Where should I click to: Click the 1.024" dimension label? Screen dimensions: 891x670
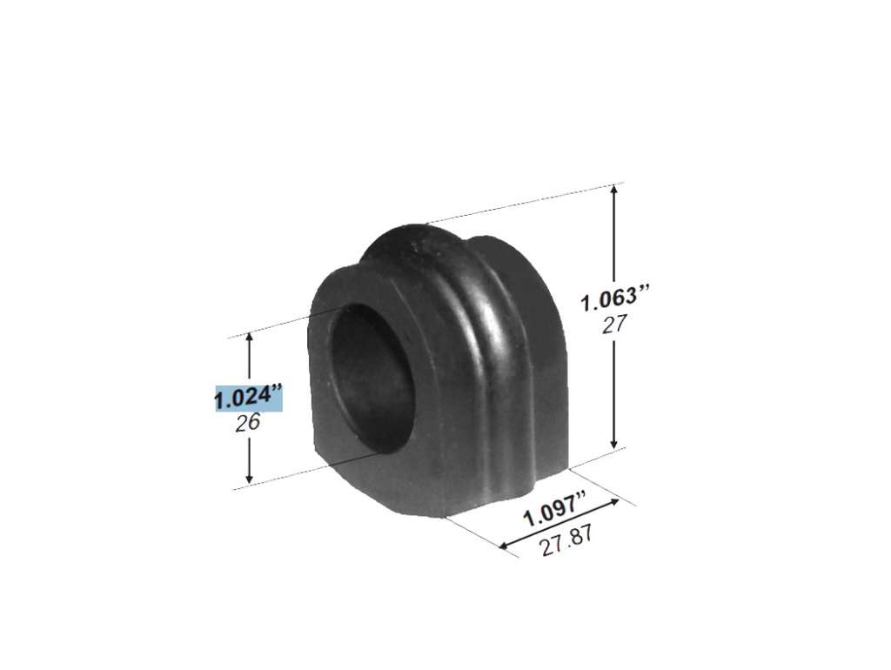tap(248, 397)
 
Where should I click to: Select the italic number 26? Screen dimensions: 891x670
tap(248, 423)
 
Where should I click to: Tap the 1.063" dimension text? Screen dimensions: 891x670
tap(614, 299)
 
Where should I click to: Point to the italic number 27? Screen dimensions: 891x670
tap(614, 324)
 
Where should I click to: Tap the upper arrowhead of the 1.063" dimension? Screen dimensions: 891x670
tap(613, 189)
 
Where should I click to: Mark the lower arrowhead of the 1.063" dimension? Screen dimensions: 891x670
tap(613, 443)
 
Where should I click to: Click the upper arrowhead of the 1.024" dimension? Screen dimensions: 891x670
tap(249, 338)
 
